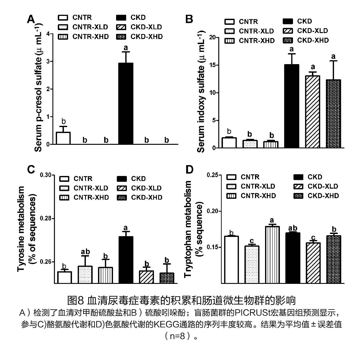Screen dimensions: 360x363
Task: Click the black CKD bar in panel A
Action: click(x=126, y=103)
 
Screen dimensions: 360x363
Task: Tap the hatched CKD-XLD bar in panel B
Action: click(x=312, y=112)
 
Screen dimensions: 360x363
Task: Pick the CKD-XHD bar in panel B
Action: click(x=333, y=113)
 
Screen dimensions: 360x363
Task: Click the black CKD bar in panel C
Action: click(x=126, y=260)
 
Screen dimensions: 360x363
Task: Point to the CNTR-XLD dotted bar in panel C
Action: click(x=85, y=275)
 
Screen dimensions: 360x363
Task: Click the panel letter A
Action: click(x=31, y=20)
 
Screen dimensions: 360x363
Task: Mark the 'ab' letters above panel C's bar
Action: click(x=85, y=252)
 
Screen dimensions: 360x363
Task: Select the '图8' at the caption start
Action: click(x=76, y=301)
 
